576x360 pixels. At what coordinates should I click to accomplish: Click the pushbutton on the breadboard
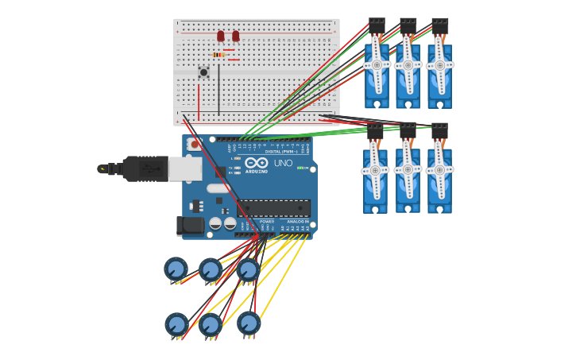tap(203, 72)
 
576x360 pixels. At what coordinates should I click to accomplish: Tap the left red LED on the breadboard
tap(221, 36)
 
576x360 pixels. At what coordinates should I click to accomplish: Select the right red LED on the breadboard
tap(236, 36)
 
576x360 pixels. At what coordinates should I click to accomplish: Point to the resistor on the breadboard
tap(218, 55)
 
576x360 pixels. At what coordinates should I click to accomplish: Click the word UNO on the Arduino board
tap(283, 163)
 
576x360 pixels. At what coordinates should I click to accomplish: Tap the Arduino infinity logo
tap(256, 162)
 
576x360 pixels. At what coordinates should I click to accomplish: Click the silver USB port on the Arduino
tap(184, 168)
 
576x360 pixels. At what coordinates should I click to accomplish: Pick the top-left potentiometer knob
tap(176, 269)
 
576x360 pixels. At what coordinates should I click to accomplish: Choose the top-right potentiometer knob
tap(249, 270)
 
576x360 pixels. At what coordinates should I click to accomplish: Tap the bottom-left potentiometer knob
tap(176, 323)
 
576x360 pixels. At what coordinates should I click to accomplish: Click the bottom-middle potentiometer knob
tap(210, 323)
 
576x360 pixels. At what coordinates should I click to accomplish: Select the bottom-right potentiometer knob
tap(249, 322)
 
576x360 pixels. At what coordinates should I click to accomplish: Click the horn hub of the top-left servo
tap(377, 65)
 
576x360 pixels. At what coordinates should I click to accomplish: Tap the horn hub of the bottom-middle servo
tap(408, 169)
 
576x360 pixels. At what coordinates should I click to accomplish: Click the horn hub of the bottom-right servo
tap(439, 169)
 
